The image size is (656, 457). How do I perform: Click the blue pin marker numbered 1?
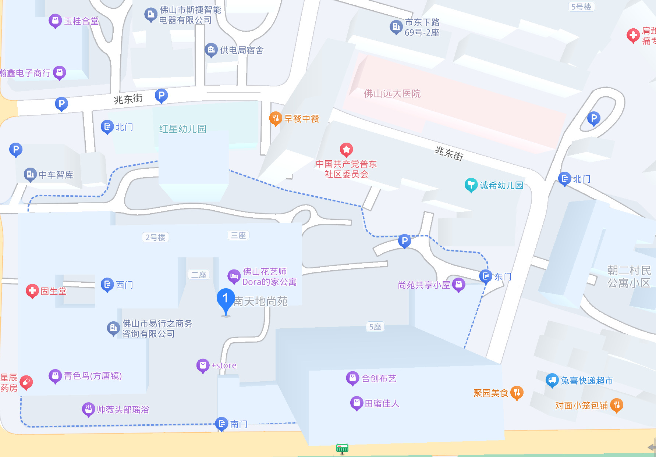coord(226,299)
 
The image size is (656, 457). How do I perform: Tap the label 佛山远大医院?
coord(392,94)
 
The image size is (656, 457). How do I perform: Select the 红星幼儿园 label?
coord(182,129)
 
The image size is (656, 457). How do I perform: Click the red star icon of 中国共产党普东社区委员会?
coord(346,149)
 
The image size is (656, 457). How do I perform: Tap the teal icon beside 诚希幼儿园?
coord(471,185)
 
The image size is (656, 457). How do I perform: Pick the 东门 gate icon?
coord(486,276)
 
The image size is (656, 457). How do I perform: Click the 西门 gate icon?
coord(107,284)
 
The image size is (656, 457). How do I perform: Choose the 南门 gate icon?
coord(221,424)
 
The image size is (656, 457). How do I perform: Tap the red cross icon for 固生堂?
coord(32,291)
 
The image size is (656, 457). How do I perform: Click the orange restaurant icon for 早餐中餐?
coord(276,118)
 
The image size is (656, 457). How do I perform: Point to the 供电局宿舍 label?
coord(242,50)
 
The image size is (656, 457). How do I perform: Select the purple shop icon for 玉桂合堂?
coord(55,21)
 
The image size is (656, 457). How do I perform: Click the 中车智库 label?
coord(56,175)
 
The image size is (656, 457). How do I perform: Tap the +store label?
coord(224,365)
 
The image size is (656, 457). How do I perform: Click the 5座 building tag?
coord(375,326)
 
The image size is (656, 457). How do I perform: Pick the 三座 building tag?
coord(238,235)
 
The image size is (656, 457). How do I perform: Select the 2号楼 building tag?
coord(155,237)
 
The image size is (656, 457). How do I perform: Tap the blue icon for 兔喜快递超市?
coord(552,380)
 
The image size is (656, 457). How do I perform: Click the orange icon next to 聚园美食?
coord(517,393)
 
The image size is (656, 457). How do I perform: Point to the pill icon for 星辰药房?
coord(26,382)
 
